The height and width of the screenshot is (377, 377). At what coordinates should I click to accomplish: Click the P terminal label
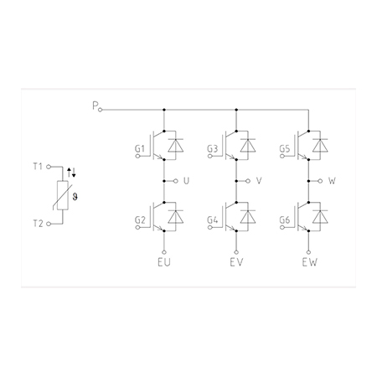coord(96,106)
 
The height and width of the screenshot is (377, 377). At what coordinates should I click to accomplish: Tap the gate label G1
coord(140,149)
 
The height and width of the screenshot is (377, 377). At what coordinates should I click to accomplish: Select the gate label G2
coord(140,220)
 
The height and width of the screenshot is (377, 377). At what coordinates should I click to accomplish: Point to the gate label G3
coord(212,149)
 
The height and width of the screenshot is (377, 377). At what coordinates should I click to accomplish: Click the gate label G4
coord(212,220)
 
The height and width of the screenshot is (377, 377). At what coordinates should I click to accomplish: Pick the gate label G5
coord(285,149)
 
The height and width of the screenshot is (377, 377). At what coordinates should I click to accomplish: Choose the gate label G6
coord(285,220)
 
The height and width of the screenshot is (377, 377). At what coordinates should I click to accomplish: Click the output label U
coord(186,181)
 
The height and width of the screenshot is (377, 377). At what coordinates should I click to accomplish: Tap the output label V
coord(259,181)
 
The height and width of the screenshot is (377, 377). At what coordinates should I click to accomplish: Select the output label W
coord(332,181)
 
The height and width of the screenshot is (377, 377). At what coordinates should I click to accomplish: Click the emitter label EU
coord(164,262)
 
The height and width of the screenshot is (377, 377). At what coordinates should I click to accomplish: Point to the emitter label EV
coord(236,262)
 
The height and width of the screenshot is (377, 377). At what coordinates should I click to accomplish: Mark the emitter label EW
coord(310,262)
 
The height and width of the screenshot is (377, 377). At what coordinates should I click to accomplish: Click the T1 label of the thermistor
coord(38,167)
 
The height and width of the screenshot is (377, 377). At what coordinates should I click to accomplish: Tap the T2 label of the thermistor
coord(39,224)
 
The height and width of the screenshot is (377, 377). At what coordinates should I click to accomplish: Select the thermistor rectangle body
coord(63,195)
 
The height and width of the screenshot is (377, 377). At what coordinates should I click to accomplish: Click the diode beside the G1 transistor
coord(176,146)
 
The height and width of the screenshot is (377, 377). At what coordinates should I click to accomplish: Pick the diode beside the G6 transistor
coord(320,217)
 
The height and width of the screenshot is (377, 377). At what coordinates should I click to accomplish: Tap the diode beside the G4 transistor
coord(248,217)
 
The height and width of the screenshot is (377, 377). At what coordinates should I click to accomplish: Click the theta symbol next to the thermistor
coord(75,197)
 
